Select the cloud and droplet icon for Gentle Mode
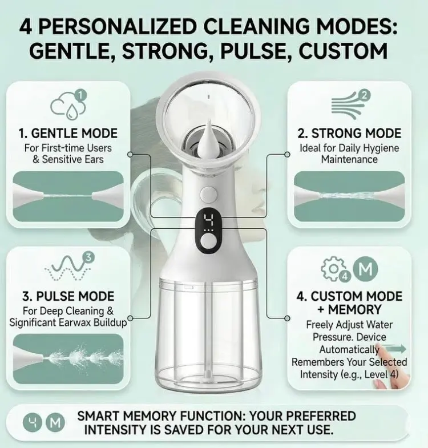(x=68, y=104)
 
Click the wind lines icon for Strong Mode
(x=350, y=104)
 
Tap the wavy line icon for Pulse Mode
(x=69, y=267)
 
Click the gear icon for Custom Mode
(x=333, y=269)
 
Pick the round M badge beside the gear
(x=365, y=269)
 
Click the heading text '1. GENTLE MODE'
(x=68, y=134)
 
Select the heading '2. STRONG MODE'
(x=349, y=134)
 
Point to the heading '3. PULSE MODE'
(x=68, y=296)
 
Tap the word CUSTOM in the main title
(x=343, y=51)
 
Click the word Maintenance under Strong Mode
(x=349, y=159)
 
